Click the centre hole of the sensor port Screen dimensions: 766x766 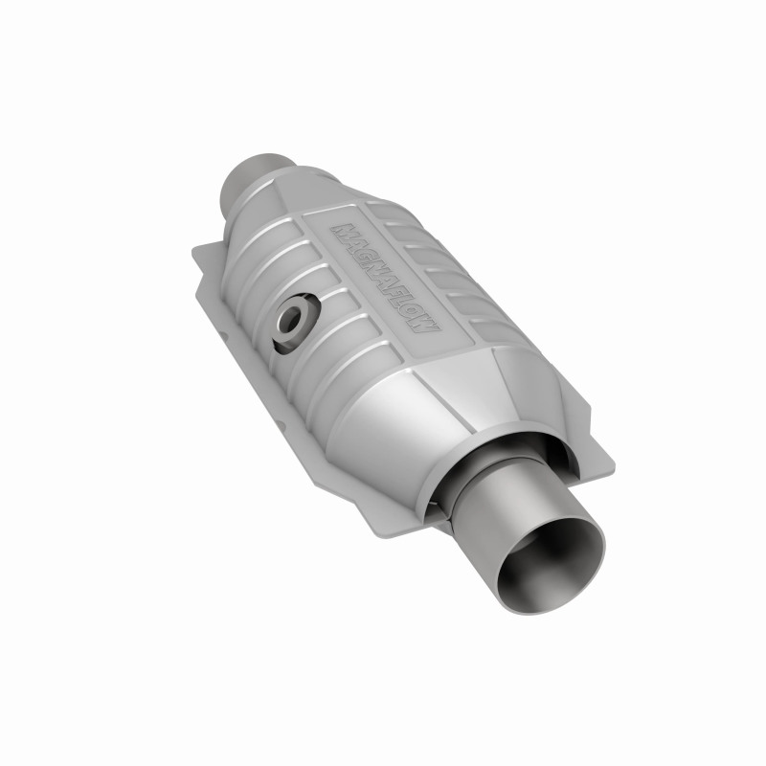click(288, 321)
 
